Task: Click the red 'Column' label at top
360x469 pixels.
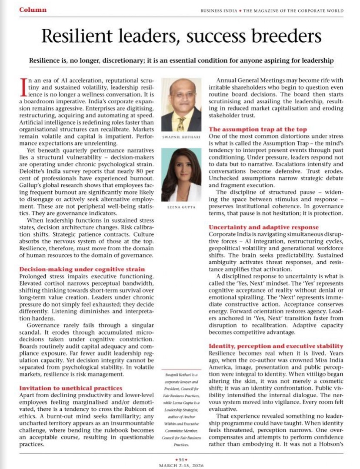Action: [x=33, y=10]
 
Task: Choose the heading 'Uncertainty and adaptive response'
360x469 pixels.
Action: [x=263, y=227]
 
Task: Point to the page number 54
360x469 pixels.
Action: [x=180, y=459]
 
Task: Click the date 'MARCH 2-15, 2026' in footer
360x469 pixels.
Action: [x=180, y=465]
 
